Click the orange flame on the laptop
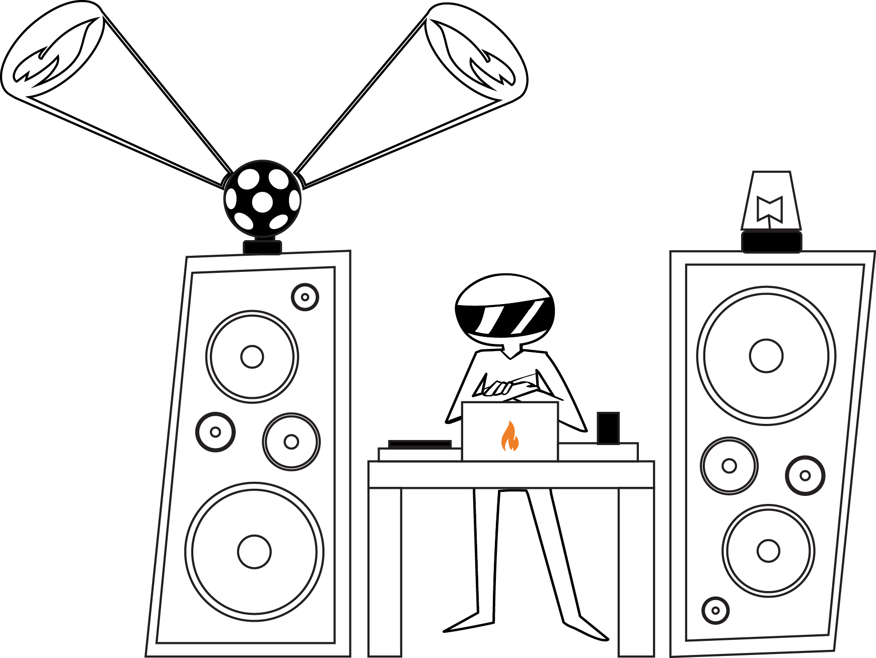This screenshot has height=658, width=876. click(x=509, y=436)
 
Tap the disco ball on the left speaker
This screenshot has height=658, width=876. click(x=262, y=199)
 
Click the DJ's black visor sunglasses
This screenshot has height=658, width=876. click(x=505, y=317)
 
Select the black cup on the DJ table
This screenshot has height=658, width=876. click(x=608, y=428)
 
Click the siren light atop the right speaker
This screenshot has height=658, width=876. click(x=771, y=201)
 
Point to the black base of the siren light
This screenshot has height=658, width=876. click(x=771, y=241)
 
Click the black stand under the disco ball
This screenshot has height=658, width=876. click(x=262, y=247)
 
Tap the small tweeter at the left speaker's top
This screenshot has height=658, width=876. click(x=305, y=297)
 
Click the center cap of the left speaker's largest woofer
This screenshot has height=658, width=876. click(x=255, y=551)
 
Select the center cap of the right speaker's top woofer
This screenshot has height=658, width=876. click(x=766, y=355)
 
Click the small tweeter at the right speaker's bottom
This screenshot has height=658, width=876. click(x=715, y=610)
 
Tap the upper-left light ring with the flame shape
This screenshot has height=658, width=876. click(x=53, y=49)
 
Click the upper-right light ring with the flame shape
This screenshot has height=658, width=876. click(x=476, y=51)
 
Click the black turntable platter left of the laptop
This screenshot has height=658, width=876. click(x=420, y=444)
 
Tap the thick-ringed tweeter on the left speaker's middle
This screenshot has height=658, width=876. click(x=215, y=432)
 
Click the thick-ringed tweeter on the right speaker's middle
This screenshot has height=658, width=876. click(x=805, y=475)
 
